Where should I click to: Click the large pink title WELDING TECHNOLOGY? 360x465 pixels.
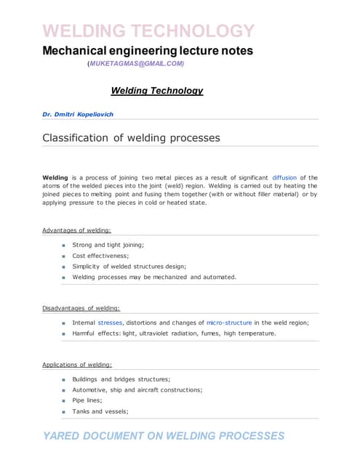pyautogui.click(x=149, y=31)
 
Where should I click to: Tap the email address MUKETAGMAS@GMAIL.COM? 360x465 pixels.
pyautogui.click(x=136, y=64)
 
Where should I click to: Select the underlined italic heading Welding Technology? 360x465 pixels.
pyautogui.click(x=156, y=91)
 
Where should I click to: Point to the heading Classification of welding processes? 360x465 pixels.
pyautogui.click(x=131, y=137)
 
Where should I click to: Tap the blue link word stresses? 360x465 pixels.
pyautogui.click(x=110, y=323)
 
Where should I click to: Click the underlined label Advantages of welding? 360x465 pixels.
pyautogui.click(x=76, y=230)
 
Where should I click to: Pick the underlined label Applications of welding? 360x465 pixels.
pyautogui.click(x=77, y=365)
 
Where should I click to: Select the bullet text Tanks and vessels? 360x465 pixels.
pyautogui.click(x=100, y=411)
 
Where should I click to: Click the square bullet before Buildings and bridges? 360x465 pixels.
pyautogui.click(x=64, y=379)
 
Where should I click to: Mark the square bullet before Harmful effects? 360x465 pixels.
pyautogui.click(x=64, y=333)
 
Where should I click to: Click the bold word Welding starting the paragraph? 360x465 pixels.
pyautogui.click(x=55, y=177)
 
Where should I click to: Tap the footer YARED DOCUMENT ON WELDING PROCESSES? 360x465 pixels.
pyautogui.click(x=164, y=436)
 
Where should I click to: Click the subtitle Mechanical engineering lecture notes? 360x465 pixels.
pyautogui.click(x=148, y=51)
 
